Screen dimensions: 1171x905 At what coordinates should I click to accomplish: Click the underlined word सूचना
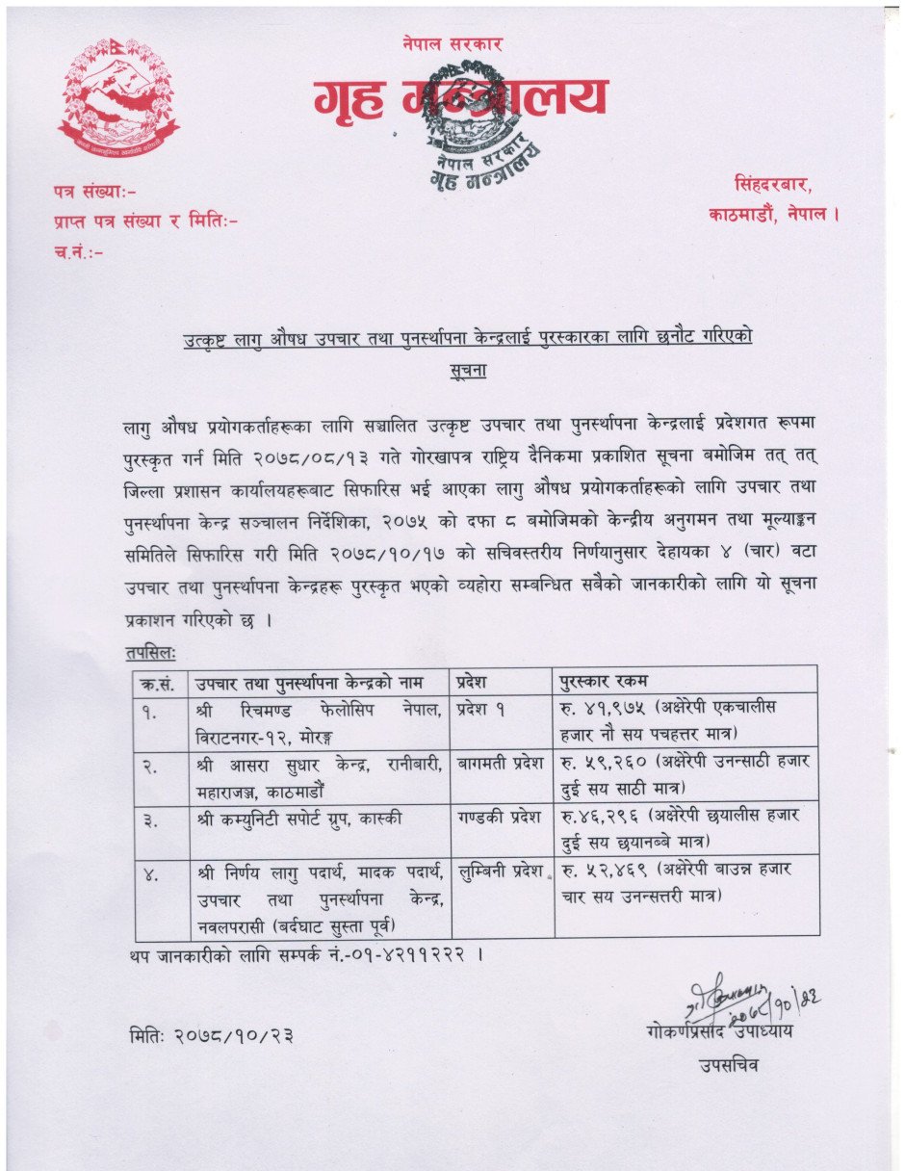click(468, 369)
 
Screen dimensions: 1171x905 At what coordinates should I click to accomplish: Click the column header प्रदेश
click(478, 681)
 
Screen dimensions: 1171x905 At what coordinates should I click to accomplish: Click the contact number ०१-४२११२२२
click(419, 955)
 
